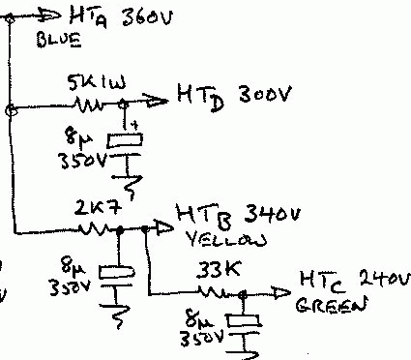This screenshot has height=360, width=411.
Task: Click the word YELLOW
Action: (x=211, y=237)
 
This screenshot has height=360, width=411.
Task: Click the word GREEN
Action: (x=333, y=307)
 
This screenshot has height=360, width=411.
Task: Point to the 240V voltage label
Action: (x=368, y=280)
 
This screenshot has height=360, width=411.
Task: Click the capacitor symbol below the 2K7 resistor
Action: (x=117, y=272)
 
